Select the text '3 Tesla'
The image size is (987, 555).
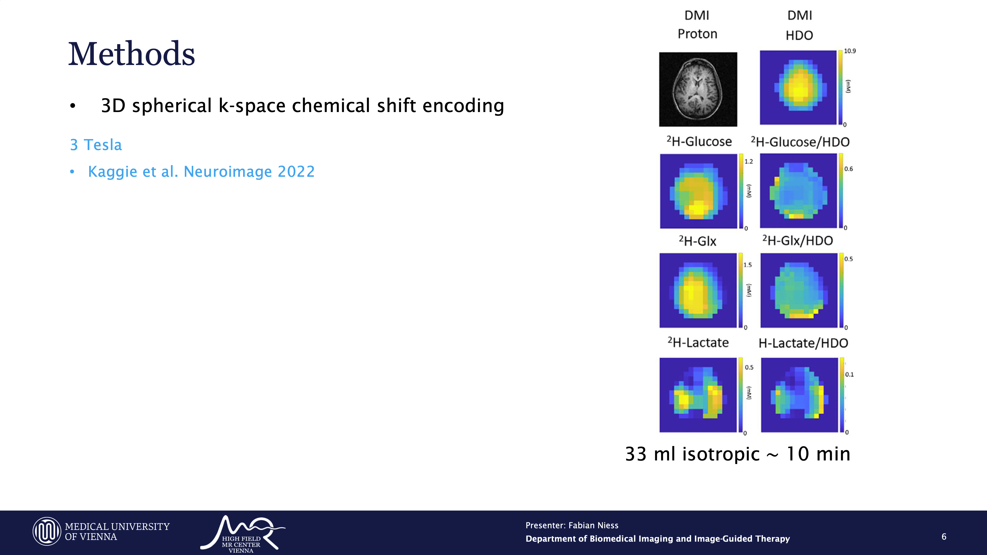point(96,145)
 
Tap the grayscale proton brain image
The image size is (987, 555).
point(698,89)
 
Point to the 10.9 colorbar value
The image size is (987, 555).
point(849,51)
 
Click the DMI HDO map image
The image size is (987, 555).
point(798,87)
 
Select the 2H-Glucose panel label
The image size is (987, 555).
point(699,141)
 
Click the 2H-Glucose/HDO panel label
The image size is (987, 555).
point(800,142)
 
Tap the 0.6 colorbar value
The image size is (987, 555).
point(849,169)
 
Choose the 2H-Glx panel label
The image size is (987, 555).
point(697,241)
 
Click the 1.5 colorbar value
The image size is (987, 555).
point(747,265)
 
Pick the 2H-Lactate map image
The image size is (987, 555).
point(698,395)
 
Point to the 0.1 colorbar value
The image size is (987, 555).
point(849,374)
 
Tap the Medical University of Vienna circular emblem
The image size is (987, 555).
point(47,531)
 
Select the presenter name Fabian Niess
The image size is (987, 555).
point(593,525)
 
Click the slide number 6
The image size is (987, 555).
point(944,536)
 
